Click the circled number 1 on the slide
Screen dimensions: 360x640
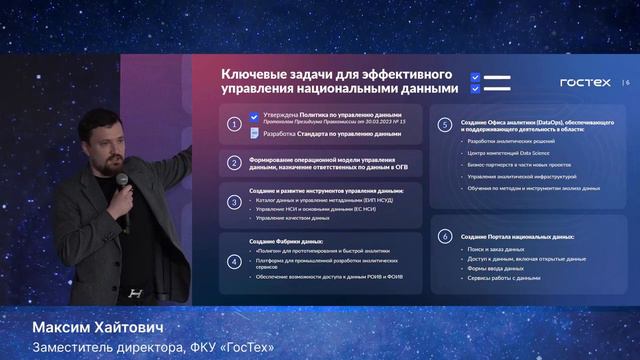click(233, 125)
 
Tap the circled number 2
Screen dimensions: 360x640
click(233, 163)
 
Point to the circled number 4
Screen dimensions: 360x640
click(233, 261)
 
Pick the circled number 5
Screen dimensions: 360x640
click(445, 125)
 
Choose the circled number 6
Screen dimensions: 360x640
click(445, 237)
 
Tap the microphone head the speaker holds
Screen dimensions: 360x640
click(122, 180)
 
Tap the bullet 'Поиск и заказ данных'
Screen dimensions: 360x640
click(490, 248)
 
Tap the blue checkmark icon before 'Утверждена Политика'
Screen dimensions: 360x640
click(257, 117)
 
